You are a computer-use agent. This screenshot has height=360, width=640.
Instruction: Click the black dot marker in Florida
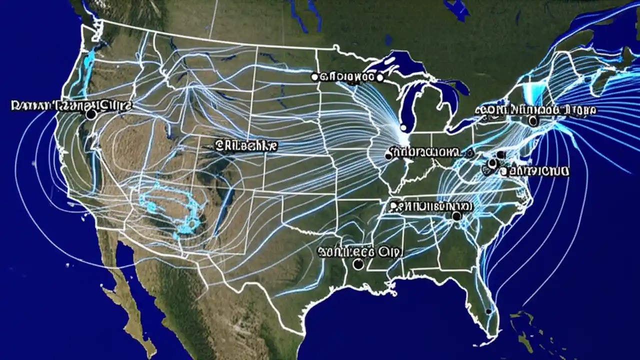click(x=488, y=311)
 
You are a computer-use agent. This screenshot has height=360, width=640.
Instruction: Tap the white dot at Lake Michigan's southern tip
click(x=403, y=128)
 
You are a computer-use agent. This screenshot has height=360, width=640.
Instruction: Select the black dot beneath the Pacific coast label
click(x=90, y=114)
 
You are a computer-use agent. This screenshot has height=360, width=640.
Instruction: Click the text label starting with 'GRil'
click(x=246, y=146)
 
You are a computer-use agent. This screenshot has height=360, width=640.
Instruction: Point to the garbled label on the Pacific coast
click(x=71, y=105)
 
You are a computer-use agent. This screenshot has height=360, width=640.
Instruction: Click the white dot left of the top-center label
click(x=314, y=76)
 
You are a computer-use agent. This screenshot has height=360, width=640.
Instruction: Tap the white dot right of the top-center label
click(x=379, y=77)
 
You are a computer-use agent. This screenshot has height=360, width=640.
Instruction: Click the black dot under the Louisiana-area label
click(x=358, y=264)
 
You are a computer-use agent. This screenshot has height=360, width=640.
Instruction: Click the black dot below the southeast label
click(x=456, y=216)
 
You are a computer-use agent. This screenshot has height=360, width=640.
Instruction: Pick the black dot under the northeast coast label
click(x=532, y=120)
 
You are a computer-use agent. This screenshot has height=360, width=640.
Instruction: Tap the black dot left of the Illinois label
click(x=388, y=156)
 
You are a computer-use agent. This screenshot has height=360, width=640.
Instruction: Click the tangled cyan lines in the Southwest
click(x=170, y=210)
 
